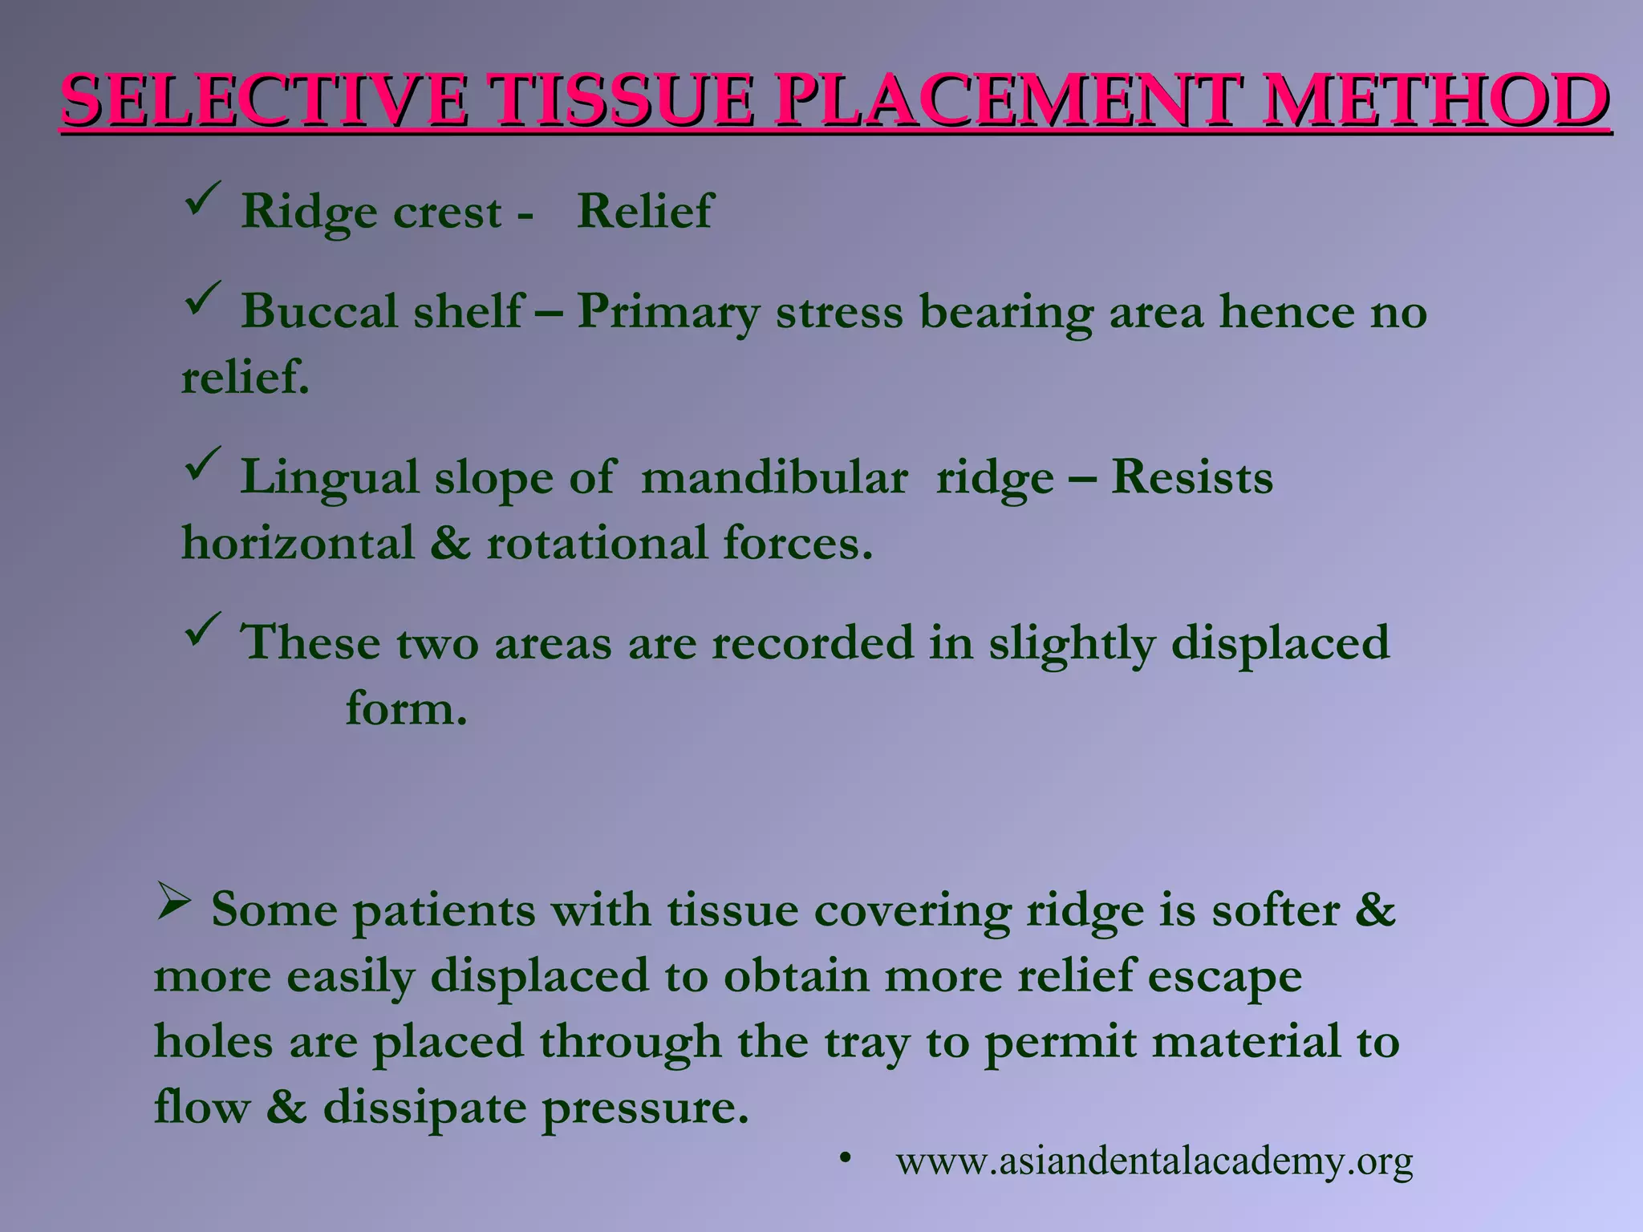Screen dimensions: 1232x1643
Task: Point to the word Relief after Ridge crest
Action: pyautogui.click(x=644, y=212)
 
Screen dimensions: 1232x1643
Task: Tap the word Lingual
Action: pyautogui.click(x=330, y=478)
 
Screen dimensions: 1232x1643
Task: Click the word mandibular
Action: pyautogui.click(x=774, y=478)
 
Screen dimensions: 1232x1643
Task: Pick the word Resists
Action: pyautogui.click(x=1192, y=478)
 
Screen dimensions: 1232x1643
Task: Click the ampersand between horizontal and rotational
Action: pyautogui.click(x=450, y=543)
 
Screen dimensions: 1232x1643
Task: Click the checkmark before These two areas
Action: pyautogui.click(x=202, y=630)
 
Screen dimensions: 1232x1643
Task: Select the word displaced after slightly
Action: pyautogui.click(x=1280, y=644)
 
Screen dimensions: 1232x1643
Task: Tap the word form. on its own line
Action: pyautogui.click(x=406, y=710)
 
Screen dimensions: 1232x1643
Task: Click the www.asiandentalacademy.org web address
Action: pyautogui.click(x=1154, y=1161)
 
